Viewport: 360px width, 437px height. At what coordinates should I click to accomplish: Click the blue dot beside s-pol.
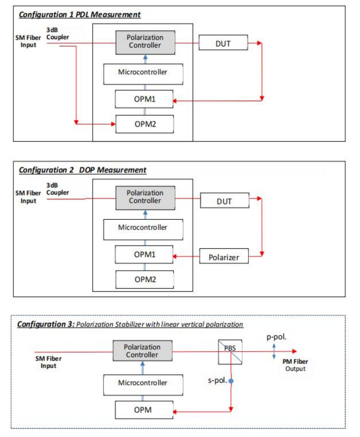[x=231, y=381]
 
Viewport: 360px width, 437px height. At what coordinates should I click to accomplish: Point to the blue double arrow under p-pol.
[x=274, y=352]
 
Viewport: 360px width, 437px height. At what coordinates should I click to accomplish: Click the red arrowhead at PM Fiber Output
[x=295, y=351]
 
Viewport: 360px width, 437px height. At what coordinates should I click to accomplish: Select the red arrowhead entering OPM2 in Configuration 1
[x=113, y=124]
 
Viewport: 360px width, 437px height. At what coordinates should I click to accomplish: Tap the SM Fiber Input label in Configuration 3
[x=48, y=362]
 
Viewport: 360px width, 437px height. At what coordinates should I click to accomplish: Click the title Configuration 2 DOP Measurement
[x=83, y=170]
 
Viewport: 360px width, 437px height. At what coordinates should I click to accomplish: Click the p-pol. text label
[x=276, y=337]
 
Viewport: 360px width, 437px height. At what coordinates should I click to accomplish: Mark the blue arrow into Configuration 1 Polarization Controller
[x=145, y=59]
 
